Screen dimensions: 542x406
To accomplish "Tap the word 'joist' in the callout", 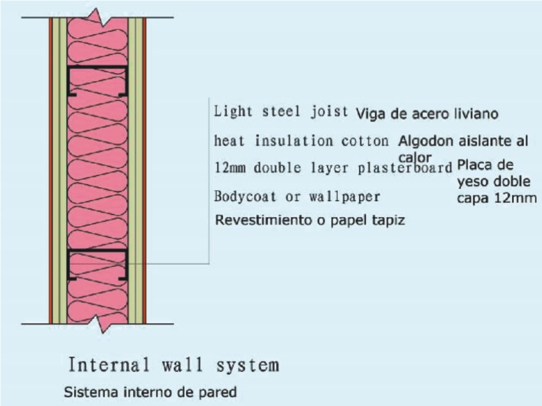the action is (328, 111).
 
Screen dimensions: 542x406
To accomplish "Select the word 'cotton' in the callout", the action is (365, 141).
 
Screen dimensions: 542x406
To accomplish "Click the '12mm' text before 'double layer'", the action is (230, 168).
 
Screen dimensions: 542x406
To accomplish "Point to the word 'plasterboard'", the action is (405, 168).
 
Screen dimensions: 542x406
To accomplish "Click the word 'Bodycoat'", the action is (245, 197).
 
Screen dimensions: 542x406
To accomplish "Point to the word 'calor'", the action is (415, 157).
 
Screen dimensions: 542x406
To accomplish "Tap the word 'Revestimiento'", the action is (264, 220).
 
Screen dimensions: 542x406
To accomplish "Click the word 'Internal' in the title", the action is (109, 364).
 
